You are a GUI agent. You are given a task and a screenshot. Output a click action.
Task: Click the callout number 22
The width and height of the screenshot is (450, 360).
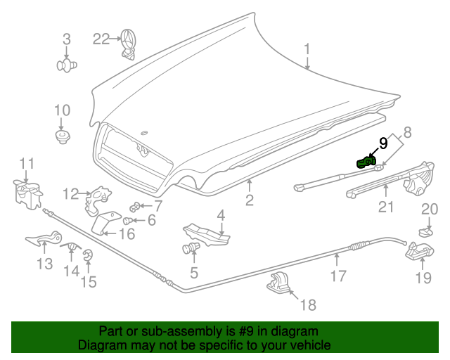point(102,39)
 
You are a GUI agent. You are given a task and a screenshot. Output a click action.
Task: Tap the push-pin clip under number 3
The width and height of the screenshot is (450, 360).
point(66,65)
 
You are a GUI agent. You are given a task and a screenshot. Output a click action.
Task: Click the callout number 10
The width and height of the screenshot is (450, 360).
point(62,110)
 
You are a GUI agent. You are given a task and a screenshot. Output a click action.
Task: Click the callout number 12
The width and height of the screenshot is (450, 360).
point(70,193)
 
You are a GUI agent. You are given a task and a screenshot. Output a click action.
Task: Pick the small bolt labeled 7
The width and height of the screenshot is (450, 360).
point(136,206)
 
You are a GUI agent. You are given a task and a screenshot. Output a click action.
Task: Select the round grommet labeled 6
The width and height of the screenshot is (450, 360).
point(131,220)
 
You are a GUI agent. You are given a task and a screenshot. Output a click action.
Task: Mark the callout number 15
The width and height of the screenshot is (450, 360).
point(88,282)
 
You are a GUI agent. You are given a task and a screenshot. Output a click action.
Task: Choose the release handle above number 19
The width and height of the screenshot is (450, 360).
point(419,251)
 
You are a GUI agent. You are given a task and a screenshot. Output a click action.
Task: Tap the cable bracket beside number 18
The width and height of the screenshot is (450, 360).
point(279,285)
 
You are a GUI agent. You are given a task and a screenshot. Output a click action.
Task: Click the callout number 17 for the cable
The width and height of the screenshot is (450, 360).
point(338,276)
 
